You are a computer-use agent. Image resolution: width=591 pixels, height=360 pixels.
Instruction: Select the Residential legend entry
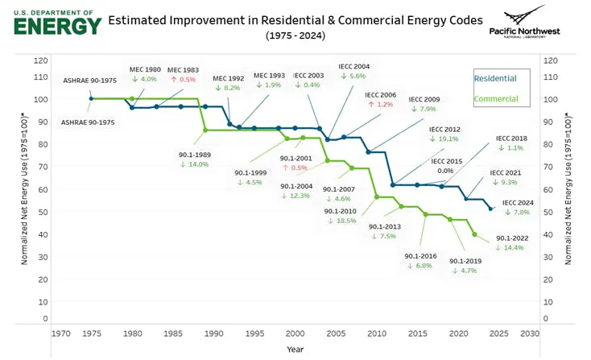495,78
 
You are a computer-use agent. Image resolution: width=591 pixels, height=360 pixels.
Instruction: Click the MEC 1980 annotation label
144,69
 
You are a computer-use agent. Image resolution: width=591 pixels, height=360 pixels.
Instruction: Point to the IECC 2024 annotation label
517,202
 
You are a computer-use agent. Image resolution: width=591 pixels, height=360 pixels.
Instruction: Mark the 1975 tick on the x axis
91,333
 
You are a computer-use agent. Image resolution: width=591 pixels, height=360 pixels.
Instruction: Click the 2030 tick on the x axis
530,333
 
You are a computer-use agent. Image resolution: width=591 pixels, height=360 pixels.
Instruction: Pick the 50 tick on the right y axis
548,212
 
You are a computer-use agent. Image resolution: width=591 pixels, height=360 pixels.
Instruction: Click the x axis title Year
295,350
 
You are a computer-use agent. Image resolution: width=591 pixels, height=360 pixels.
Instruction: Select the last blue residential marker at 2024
491,209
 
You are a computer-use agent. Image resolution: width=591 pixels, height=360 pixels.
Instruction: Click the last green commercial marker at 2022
474,234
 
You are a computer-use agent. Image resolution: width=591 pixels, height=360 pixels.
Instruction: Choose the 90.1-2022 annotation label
511,238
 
